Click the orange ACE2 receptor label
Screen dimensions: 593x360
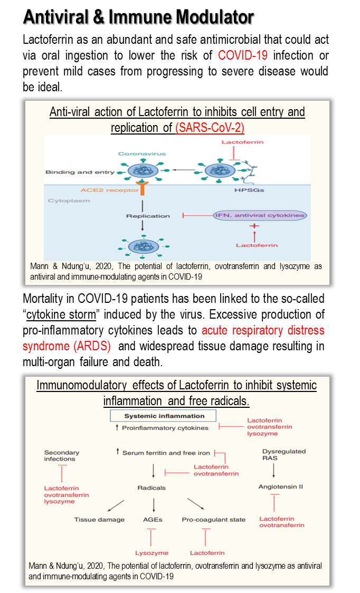pos(102,190)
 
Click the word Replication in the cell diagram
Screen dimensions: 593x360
pos(148,216)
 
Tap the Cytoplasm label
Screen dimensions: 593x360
pos(69,201)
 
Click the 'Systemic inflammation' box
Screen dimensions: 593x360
pos(157,416)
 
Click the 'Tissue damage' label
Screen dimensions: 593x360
pos(99,520)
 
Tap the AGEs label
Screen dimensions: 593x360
pos(153,520)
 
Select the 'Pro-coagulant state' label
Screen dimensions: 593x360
pos(213,520)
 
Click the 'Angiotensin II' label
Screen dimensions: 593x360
pos(281,486)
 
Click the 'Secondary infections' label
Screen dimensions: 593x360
pos(62,456)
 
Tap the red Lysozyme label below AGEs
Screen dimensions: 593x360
pos(151,553)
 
